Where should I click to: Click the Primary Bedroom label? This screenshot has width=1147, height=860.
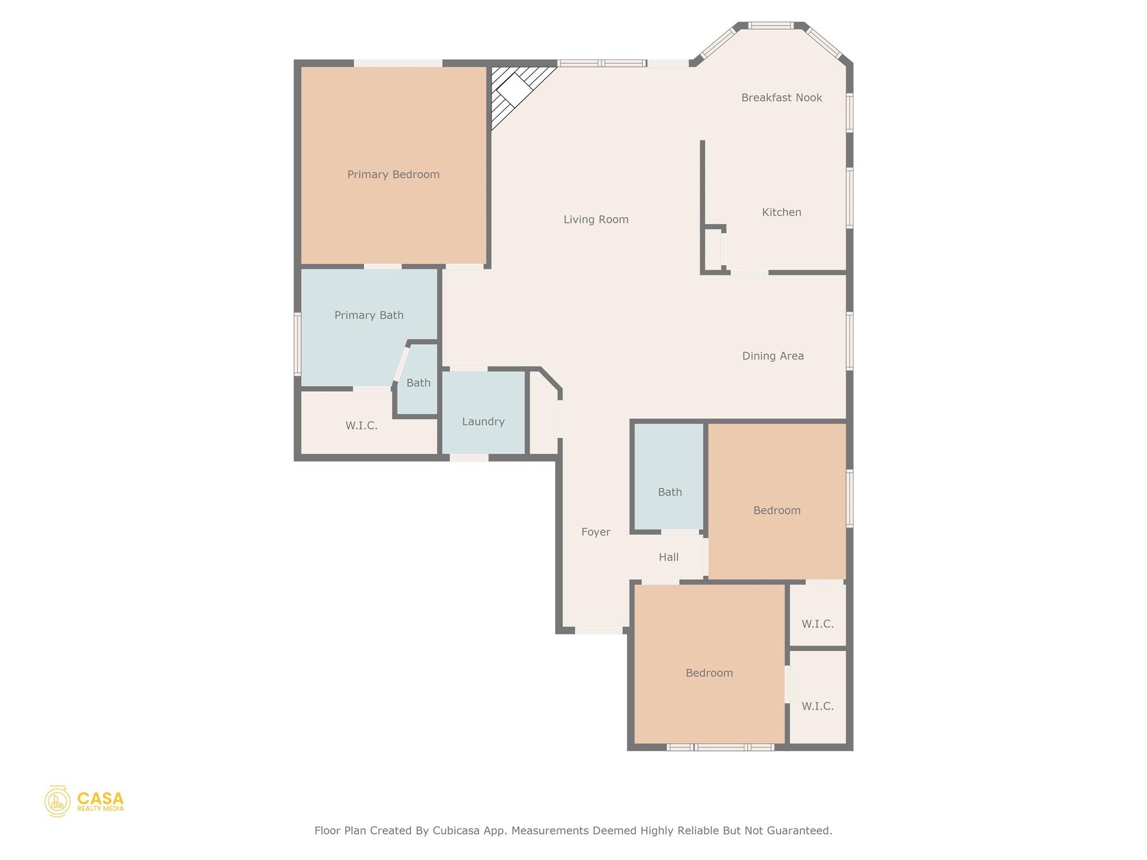tap(393, 175)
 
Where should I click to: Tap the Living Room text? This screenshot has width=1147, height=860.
tap(596, 219)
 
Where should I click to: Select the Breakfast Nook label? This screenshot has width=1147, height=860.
tap(781, 98)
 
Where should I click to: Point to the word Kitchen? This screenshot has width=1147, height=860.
tap(781, 212)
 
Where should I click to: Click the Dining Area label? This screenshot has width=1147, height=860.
tap(772, 356)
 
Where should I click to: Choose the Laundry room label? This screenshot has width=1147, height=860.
tap(483, 422)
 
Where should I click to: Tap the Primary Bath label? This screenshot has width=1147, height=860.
tap(369, 315)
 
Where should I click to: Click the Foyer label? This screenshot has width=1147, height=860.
tap(595, 532)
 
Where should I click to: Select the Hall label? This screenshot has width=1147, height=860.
tap(668, 557)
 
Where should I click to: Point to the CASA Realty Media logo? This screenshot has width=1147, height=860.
tap(84, 801)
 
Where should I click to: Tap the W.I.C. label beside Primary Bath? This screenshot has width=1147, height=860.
tap(361, 426)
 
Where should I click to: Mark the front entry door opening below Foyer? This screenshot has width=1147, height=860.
tap(598, 630)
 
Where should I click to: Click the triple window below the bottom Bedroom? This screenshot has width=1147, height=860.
tap(720, 747)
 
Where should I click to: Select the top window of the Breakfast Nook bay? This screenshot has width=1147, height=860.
tap(771, 25)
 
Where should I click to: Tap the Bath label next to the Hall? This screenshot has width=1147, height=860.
tap(669, 492)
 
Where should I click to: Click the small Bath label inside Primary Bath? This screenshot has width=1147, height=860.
tap(418, 383)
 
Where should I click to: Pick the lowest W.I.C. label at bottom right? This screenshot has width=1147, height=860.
tap(817, 707)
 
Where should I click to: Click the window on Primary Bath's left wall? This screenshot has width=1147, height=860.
tap(297, 344)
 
